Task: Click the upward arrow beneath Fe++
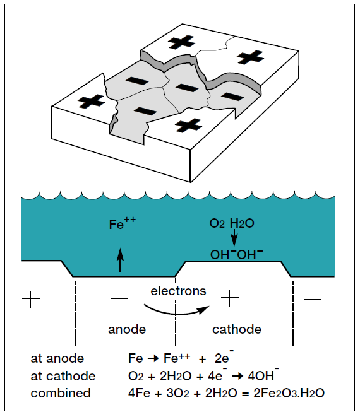pyautogui.click(x=121, y=259)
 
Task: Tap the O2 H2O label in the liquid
pyautogui.click(x=233, y=224)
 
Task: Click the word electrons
pyautogui.click(x=178, y=291)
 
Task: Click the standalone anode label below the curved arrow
pyautogui.click(x=127, y=329)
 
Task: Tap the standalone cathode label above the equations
pyautogui.click(x=237, y=329)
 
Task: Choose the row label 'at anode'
pyautogui.click(x=57, y=358)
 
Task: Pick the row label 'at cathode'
pyautogui.click(x=63, y=376)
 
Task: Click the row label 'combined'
pyautogui.click(x=61, y=393)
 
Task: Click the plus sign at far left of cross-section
pyautogui.click(x=30, y=298)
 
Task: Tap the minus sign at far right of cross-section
pyautogui.click(x=312, y=298)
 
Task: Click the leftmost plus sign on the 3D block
pyautogui.click(x=93, y=101)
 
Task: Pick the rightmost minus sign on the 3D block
pyautogui.click(x=231, y=97)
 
